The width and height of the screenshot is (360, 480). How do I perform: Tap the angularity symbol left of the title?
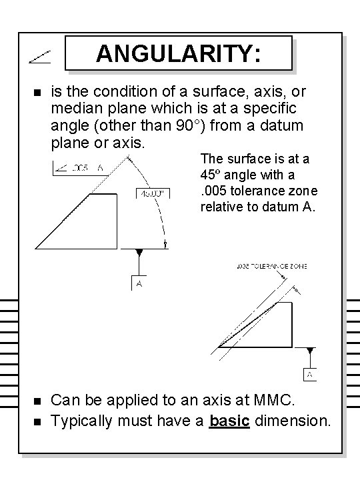click(x=37, y=59)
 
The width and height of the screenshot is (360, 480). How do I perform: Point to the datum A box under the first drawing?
click(x=139, y=283)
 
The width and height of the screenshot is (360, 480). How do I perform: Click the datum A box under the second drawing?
click(x=311, y=375)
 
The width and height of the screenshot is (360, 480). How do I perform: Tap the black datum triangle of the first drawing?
click(x=139, y=253)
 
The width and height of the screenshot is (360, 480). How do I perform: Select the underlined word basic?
click(x=229, y=421)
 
